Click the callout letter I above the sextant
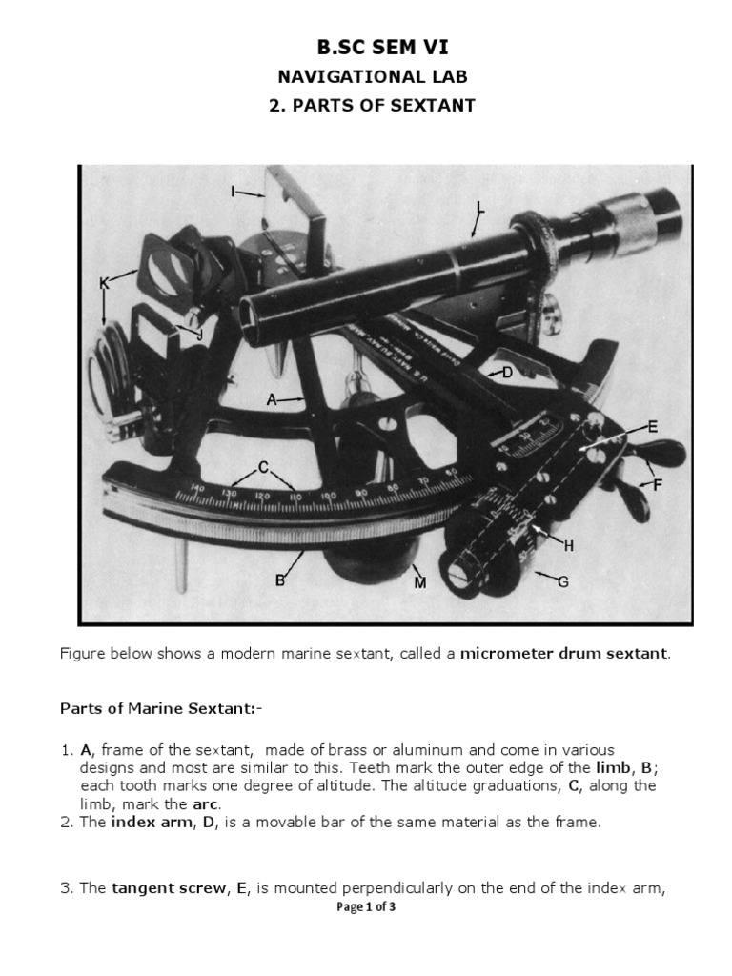[x=233, y=192]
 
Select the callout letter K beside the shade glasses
[x=105, y=282]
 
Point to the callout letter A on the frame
[x=272, y=401]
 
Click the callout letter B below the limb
[x=281, y=579]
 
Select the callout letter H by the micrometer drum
[x=569, y=545]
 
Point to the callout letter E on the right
[x=653, y=427]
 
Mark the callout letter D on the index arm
[x=508, y=373]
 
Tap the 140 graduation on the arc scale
[x=198, y=488]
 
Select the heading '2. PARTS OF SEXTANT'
[x=371, y=106]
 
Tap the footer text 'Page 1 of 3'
[x=366, y=907]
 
